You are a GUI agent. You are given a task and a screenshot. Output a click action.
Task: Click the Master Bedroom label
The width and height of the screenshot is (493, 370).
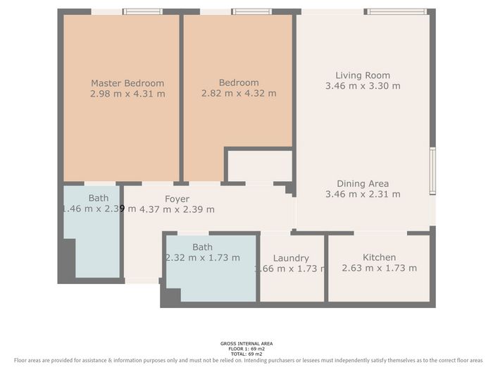click(127, 82)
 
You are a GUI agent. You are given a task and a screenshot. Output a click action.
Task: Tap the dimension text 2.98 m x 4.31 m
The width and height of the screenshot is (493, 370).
click(127, 93)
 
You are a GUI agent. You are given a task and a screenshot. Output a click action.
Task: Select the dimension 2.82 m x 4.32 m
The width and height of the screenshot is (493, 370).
click(239, 93)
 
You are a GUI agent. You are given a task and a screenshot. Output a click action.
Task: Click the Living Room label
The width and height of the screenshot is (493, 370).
click(363, 75)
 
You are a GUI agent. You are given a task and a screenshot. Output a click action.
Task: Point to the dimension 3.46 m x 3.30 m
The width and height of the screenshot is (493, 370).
click(363, 86)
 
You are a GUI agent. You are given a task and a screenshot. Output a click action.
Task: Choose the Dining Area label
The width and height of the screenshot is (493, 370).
click(363, 183)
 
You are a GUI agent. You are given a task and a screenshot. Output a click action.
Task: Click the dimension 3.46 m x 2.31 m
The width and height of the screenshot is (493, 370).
click(363, 194)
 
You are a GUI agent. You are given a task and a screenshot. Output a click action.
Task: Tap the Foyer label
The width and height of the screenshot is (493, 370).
click(177, 199)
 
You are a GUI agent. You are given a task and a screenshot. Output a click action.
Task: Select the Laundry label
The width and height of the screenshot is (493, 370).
click(291, 259)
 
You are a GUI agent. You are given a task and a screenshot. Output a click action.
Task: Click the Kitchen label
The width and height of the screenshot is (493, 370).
click(379, 257)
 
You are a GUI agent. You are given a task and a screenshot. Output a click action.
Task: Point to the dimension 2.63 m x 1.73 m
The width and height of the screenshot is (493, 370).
click(379, 268)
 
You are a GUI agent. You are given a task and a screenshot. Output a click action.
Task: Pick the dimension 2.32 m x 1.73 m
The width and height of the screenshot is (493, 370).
click(202, 257)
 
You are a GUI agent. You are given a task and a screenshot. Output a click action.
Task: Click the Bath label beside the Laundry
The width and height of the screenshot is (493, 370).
click(202, 247)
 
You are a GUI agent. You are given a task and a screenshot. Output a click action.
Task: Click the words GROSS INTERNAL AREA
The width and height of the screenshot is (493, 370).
click(246, 343)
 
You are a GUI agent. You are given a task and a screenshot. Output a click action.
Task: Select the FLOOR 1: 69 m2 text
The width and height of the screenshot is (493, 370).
click(246, 348)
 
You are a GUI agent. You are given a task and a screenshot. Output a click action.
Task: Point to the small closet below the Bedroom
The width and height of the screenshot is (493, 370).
click(258, 166)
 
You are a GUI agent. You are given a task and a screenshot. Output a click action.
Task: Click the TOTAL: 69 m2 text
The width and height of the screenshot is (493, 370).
click(246, 353)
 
